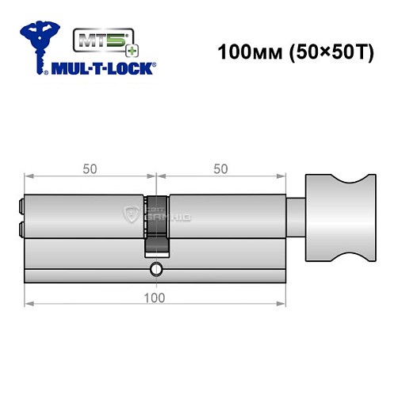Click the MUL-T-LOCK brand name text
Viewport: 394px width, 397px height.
click(103, 68)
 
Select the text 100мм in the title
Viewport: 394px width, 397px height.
click(244, 55)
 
